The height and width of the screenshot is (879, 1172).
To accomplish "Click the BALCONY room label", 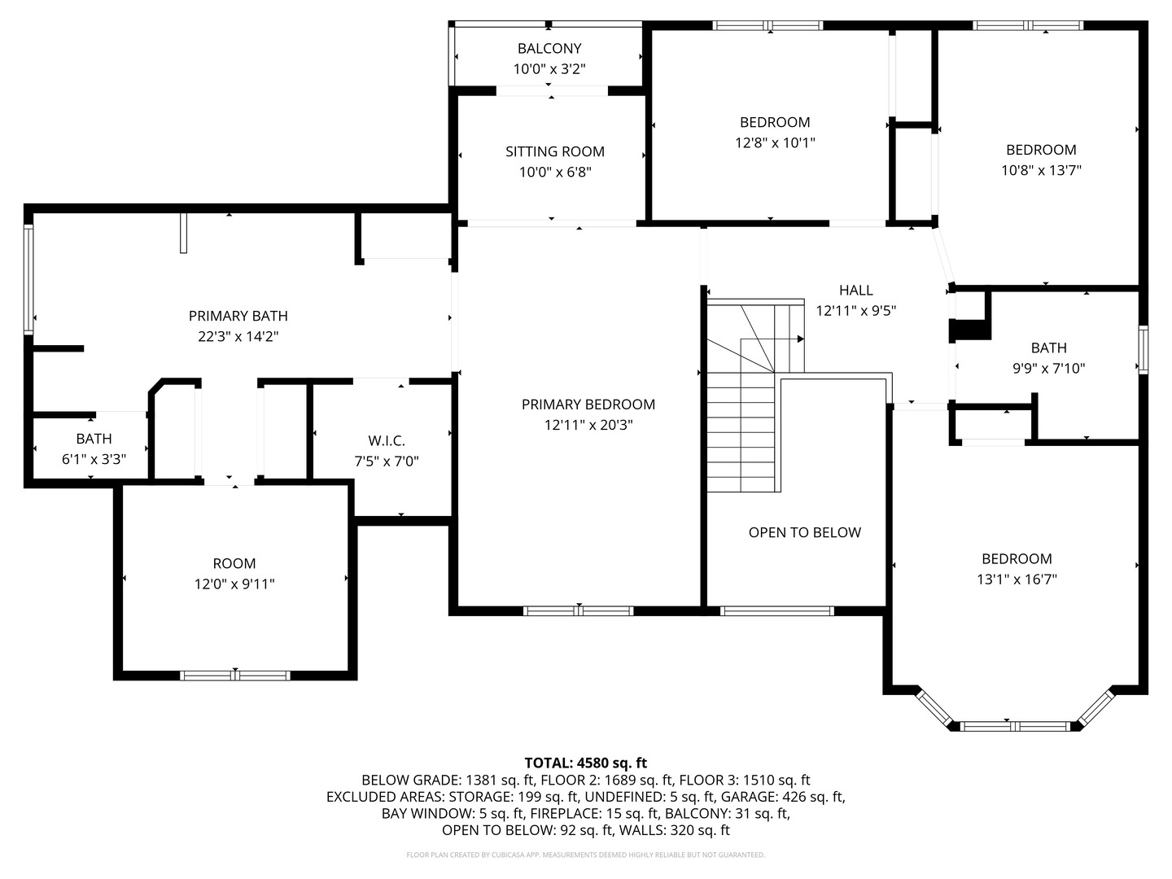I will [549, 49].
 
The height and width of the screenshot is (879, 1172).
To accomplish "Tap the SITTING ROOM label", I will [554, 151].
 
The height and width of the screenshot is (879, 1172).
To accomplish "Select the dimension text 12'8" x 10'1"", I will [774, 143].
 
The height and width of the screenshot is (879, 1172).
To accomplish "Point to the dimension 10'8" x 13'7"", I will [1041, 171].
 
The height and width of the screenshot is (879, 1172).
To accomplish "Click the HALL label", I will [855, 290].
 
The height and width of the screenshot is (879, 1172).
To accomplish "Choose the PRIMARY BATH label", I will [238, 316].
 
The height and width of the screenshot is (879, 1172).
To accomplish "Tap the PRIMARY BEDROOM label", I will [588, 405].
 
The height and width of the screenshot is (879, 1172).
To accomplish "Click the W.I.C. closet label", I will [386, 441].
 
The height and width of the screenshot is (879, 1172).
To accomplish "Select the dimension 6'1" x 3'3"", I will [94, 460].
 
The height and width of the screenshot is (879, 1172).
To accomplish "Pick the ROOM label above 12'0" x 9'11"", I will [234, 563].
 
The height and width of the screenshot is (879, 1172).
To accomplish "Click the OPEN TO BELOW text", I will [804, 532].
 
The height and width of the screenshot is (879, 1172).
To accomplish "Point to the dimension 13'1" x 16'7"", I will [1017, 579].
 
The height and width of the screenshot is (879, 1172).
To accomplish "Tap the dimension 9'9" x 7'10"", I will [1048, 369].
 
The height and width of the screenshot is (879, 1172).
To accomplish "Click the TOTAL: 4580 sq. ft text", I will [585, 763].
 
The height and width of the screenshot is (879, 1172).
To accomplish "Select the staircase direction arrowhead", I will [801, 339].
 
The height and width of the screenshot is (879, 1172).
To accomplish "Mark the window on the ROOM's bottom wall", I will [234, 675].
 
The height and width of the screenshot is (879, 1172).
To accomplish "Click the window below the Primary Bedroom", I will [578, 610].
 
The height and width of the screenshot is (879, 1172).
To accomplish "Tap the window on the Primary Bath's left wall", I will [28, 279].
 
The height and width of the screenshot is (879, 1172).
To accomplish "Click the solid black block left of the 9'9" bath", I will [970, 330].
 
